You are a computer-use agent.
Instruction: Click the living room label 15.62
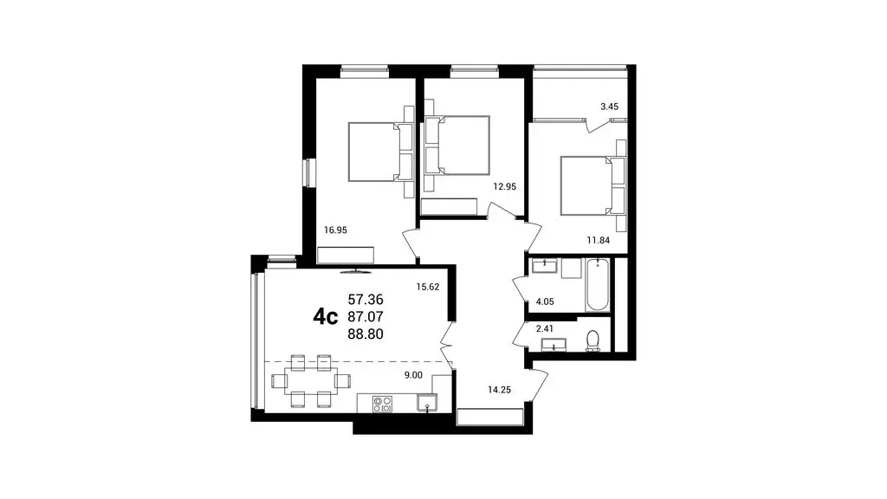[x=429, y=287]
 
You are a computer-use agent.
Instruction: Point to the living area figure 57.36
[x=366, y=298]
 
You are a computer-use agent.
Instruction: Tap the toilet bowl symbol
[x=593, y=340]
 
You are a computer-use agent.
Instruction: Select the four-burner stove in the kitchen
[x=383, y=403]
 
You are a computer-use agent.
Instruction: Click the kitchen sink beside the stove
[x=427, y=402]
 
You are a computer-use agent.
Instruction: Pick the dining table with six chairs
[x=311, y=379]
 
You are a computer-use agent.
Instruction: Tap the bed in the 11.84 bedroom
[x=589, y=185]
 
